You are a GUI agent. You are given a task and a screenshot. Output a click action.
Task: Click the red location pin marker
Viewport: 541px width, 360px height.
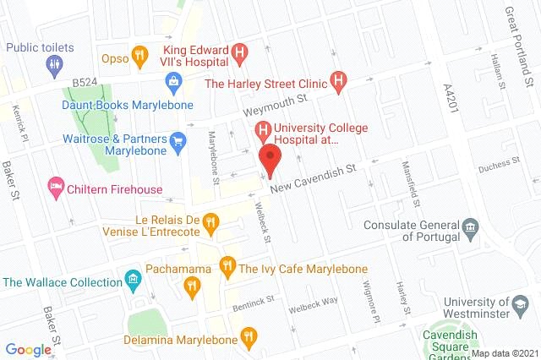point(270,160)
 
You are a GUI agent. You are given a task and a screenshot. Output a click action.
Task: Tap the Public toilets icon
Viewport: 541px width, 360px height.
point(56,63)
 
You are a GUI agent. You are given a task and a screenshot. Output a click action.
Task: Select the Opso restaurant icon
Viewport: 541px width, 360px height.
point(140,52)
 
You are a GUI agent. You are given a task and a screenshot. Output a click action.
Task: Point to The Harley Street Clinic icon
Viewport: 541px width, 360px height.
point(339,83)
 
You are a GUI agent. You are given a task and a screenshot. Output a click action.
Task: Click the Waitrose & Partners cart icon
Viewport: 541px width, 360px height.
point(178,142)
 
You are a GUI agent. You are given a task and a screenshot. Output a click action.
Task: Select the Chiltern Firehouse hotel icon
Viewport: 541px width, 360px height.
point(56,186)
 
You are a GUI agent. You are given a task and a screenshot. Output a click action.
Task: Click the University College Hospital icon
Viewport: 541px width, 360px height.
point(263,132)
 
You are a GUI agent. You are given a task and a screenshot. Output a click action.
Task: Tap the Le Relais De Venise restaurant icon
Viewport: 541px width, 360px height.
point(211,223)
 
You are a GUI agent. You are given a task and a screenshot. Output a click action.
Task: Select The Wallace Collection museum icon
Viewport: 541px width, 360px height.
point(132,280)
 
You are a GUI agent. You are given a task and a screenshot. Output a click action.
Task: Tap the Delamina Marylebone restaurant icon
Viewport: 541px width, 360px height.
point(248,337)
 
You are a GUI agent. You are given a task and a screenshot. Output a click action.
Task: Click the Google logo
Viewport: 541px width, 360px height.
point(29,349)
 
